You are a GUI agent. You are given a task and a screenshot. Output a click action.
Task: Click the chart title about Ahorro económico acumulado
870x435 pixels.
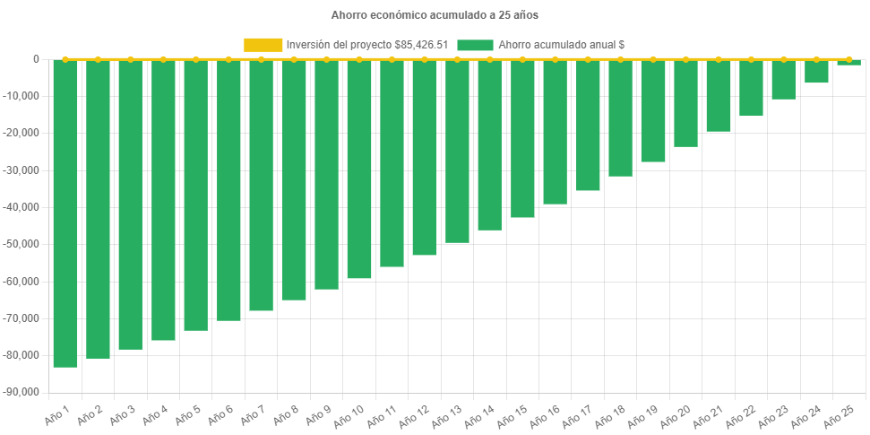pos(435,15)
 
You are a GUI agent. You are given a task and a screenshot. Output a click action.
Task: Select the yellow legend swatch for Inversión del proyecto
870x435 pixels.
pos(263,44)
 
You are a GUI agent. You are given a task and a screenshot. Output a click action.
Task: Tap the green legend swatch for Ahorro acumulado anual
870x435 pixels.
pos(474,44)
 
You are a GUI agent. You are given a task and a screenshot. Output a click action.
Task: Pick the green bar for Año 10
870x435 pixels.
pos(359,170)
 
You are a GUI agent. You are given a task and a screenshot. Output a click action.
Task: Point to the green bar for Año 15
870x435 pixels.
pos(522,139)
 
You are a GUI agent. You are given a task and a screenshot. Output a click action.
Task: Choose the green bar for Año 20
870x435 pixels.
pos(685,103)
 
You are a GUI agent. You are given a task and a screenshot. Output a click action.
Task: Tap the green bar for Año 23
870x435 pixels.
pos(784,80)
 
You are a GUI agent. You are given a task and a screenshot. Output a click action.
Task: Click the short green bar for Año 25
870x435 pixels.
pos(849,63)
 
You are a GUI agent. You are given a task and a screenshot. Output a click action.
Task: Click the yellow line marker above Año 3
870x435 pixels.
pos(131,59)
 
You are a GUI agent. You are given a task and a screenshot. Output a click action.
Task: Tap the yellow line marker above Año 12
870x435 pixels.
pos(425,59)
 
